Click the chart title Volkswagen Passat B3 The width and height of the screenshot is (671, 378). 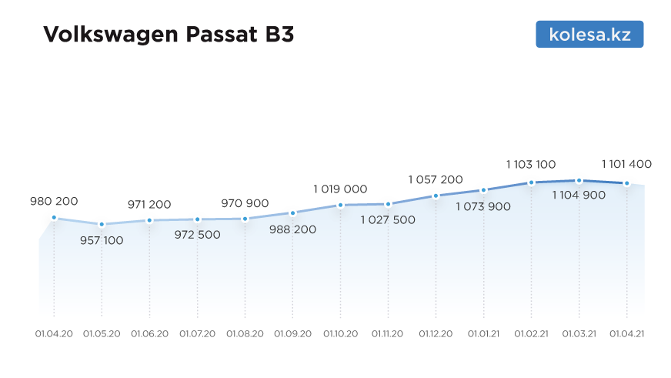169,35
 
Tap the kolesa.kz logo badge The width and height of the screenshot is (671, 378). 589,34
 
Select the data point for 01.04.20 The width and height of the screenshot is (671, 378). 54,218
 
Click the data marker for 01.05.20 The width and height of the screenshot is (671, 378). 102,225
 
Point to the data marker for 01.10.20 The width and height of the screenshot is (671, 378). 340,205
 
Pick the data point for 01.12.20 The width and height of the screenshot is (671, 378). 436,196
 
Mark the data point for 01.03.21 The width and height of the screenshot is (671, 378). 579,181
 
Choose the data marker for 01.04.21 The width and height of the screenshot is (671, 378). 626,183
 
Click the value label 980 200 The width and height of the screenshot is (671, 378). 54,201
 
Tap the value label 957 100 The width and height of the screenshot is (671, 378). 102,240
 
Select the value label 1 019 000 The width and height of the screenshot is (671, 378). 340,189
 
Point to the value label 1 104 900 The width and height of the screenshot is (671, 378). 579,195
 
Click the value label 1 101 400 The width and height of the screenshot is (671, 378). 626,164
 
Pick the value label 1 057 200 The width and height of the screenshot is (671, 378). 436,179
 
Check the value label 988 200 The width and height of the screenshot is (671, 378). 292,229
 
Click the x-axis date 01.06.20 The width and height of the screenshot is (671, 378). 149,334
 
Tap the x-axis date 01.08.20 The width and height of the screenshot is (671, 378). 245,334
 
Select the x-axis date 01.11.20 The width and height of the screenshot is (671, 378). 388,334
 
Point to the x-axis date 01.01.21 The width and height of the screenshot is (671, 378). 483,334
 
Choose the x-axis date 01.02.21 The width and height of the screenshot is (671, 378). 531,334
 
